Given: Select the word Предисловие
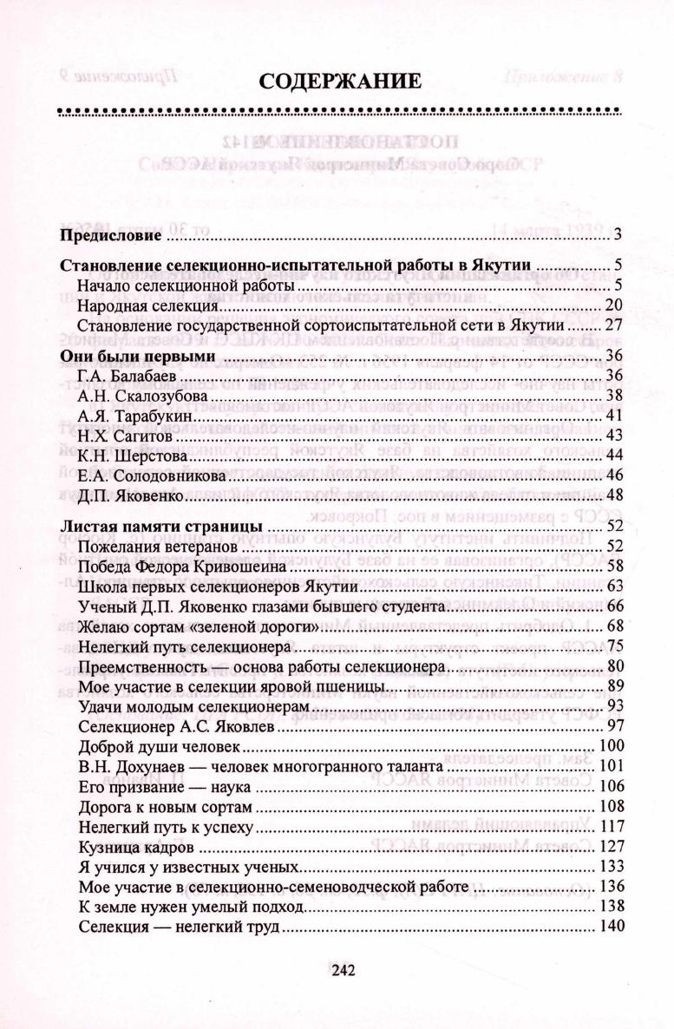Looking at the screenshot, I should pyautogui.click(x=111, y=235).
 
